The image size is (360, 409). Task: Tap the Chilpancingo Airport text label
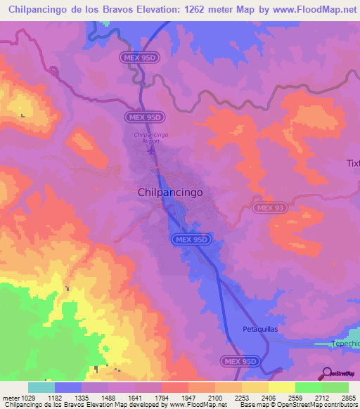[x=147, y=138]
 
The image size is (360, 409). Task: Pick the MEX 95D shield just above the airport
[x=146, y=117]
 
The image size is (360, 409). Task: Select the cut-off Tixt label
[x=352, y=163]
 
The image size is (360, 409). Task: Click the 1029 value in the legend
[x=29, y=398]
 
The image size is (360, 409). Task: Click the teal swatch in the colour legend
[x=41, y=387]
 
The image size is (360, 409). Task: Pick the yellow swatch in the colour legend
[x=282, y=387]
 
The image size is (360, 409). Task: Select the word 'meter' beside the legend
[x=11, y=398]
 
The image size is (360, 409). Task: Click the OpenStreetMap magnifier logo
[x=326, y=374]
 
